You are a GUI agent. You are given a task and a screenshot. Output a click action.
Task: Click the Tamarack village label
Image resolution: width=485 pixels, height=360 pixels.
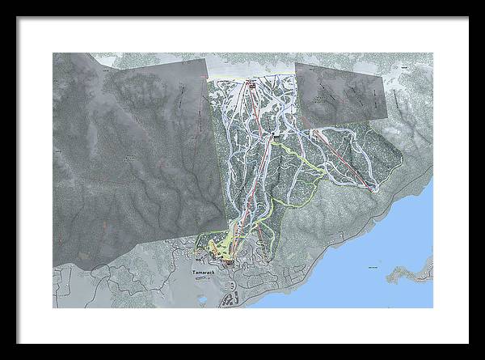205,273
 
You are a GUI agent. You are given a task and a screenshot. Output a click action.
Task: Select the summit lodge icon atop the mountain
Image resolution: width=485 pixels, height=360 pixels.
251,83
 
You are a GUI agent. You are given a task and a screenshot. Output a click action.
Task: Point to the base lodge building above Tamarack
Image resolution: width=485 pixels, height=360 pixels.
230,261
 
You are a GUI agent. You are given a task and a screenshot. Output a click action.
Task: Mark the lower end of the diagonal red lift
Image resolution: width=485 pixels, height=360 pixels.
376,190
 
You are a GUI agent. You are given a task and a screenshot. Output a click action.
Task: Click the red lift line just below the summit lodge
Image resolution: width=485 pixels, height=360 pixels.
255,101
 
